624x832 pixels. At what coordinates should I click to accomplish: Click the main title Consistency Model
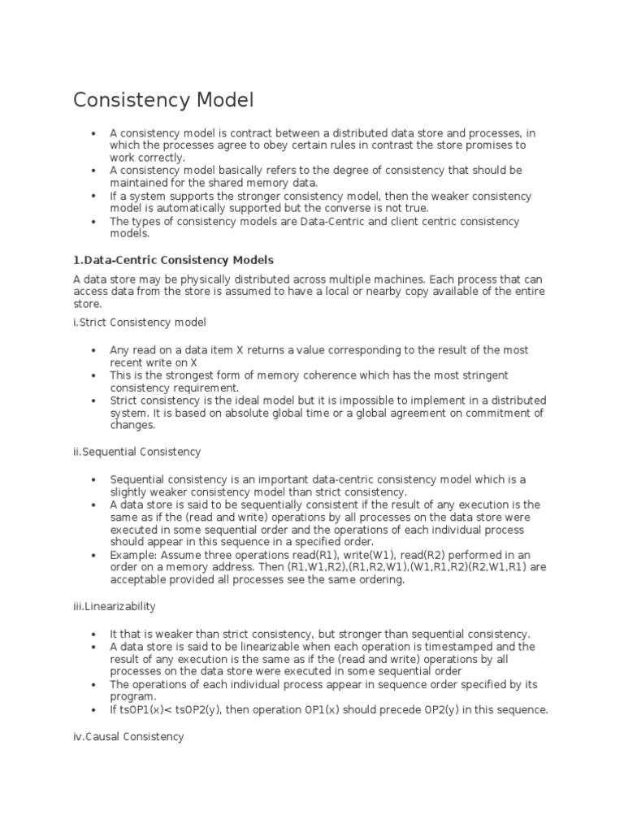163,100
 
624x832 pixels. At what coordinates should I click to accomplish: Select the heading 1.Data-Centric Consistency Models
173,260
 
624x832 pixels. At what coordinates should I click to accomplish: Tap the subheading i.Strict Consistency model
140,322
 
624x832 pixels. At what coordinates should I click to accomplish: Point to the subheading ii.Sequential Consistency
136,451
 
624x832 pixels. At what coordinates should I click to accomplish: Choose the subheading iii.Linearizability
115,606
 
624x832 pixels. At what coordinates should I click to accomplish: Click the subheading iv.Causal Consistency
128,736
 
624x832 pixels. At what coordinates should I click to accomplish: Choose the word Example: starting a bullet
133,556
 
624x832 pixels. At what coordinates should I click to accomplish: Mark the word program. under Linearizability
132,697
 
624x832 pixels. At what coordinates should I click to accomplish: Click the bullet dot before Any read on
95,350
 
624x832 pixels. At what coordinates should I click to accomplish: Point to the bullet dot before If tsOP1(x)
95,709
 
